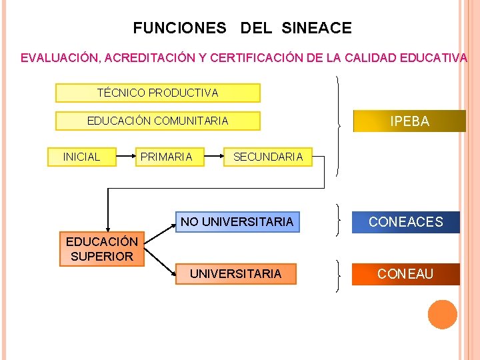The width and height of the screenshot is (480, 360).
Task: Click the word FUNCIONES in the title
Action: [x=179, y=28]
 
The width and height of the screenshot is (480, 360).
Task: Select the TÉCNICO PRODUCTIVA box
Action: [x=157, y=93]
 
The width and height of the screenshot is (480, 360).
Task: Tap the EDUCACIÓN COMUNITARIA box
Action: [x=157, y=121]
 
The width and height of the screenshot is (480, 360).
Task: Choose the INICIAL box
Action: [x=81, y=157]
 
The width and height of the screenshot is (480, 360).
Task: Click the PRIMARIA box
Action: [x=166, y=157]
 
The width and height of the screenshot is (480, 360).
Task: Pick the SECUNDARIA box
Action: [x=267, y=157]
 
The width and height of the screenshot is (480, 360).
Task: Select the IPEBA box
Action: [x=409, y=121]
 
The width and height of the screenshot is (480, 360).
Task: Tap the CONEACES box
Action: [x=405, y=222]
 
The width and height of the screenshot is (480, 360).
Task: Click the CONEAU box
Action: [x=405, y=274]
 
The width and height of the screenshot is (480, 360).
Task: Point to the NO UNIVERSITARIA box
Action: [x=237, y=221]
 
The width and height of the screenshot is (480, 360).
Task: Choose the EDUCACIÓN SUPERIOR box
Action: [x=101, y=249]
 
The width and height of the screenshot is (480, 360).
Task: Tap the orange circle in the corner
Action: [x=442, y=315]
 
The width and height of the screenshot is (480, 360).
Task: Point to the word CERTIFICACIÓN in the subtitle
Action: [x=256, y=58]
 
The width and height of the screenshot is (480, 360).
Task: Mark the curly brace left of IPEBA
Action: [x=339, y=125]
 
